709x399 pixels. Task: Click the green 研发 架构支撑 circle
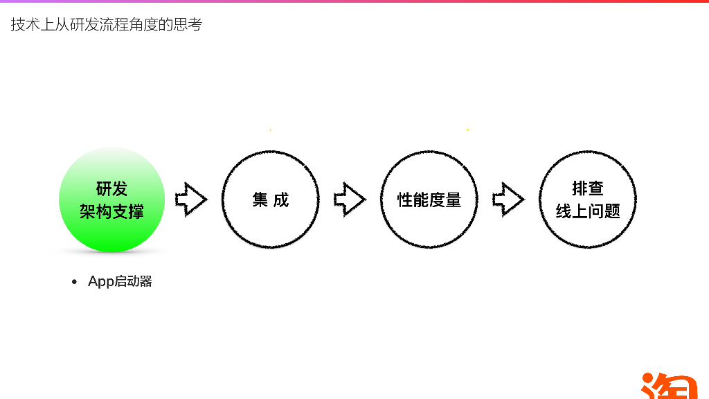tap(111, 199)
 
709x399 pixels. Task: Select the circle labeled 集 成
tap(270, 199)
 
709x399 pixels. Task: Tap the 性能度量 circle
tap(429, 199)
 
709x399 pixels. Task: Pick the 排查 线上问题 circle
tap(588, 199)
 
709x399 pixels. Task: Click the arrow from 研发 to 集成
tap(191, 199)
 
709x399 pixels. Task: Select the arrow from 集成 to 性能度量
tap(350, 199)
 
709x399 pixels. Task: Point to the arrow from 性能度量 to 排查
tap(509, 199)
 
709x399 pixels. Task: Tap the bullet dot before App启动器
tap(75, 282)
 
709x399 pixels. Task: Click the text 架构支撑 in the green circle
tap(111, 211)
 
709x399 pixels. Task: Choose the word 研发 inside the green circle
tap(111, 189)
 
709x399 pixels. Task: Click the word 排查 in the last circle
tap(588, 188)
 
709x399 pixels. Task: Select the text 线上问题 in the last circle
tap(588, 211)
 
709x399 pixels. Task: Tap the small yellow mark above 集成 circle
tap(270, 130)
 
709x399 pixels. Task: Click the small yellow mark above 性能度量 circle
tap(468, 130)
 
